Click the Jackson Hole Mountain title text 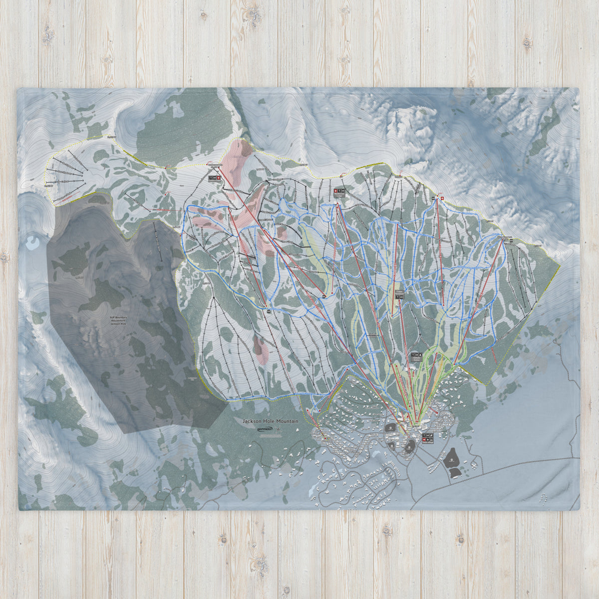(270, 421)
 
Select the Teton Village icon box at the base (428, 438)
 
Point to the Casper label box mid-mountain (399, 295)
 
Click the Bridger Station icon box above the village (416, 356)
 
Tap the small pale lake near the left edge (33, 243)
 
